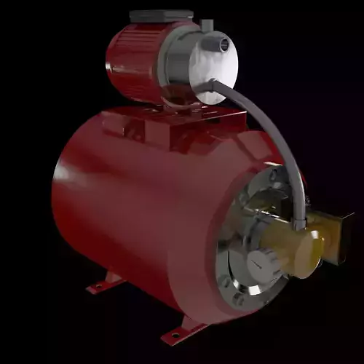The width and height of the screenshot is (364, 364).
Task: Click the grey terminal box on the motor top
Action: coord(161,16)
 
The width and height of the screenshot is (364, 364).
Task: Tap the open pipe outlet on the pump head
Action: coord(219,45)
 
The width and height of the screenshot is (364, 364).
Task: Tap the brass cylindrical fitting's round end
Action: coord(312,252)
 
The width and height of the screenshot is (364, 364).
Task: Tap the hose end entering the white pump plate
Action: coord(213,85)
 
